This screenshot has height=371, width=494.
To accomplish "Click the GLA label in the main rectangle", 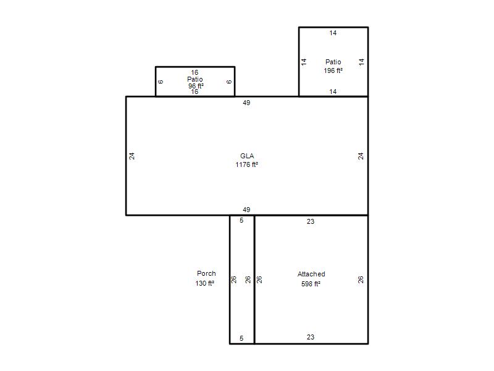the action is tap(247, 156).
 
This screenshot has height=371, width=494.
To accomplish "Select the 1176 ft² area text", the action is tap(246, 164).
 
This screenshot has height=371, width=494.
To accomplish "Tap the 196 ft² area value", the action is tap(333, 70).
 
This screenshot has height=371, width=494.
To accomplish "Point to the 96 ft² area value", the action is tap(196, 86).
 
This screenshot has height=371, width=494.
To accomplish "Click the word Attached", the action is tap(311, 274).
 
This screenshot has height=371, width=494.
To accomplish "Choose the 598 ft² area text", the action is tap(311, 284).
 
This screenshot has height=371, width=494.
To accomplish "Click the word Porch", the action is tap(206, 273).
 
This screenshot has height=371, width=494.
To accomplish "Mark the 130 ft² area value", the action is tap(205, 283).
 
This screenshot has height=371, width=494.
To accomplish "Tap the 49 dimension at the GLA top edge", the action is tap(246, 103).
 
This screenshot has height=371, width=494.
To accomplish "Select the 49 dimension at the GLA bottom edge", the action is tap(246, 210).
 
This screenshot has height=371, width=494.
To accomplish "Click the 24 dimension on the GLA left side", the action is tap(132, 156).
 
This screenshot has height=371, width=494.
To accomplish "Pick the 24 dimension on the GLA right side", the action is tap(361, 156).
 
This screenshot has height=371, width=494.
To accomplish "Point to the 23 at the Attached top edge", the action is tap(311, 221).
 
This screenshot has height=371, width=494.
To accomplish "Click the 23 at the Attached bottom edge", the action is tap(311, 337).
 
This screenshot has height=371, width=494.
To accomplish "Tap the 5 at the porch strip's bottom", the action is tap(241, 338).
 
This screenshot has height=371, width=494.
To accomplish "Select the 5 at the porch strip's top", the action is tap(241, 220).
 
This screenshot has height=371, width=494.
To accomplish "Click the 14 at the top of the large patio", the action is tap(333, 33).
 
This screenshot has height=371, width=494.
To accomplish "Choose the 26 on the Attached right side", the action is tap(361, 279).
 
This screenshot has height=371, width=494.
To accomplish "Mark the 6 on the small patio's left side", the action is tap(161, 82).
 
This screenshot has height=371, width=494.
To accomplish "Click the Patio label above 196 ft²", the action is tap(333, 62).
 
